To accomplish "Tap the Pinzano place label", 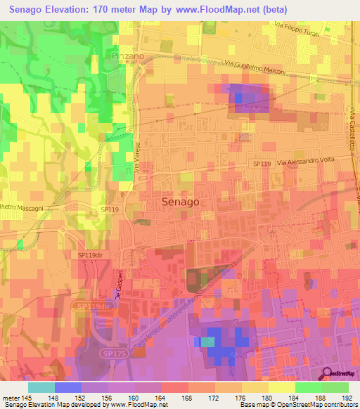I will click(127, 54).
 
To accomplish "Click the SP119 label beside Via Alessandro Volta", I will click(262, 163).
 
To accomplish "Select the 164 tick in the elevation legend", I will click(162, 398).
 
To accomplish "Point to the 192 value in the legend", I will click(348, 398).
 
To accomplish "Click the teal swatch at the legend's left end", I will click(41, 387).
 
